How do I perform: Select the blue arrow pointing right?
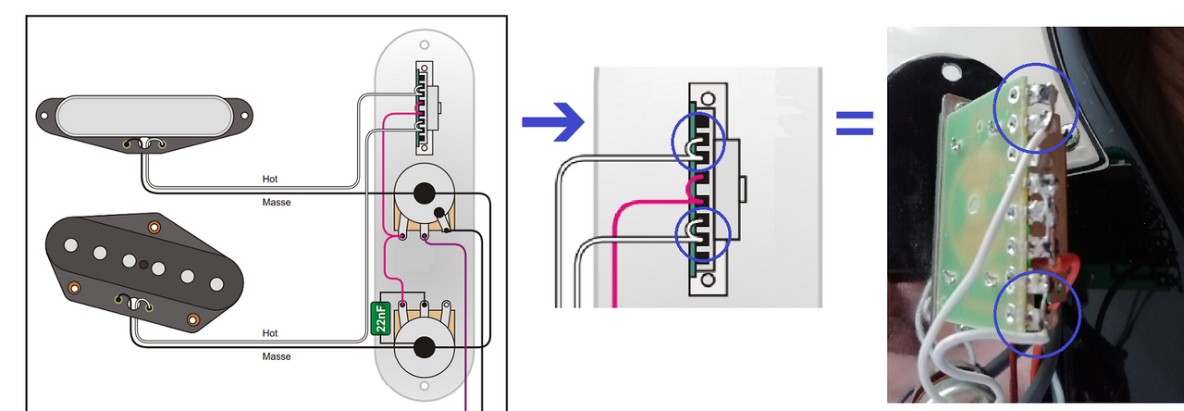point(553,122)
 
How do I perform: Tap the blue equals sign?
point(855,123)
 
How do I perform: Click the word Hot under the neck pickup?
point(270,180)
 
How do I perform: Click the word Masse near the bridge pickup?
point(276,356)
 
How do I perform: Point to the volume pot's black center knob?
point(424,193)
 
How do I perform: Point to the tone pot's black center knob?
point(424,346)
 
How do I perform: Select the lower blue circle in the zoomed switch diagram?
point(703,233)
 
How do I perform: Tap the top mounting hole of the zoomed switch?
point(709,99)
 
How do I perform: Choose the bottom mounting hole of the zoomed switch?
point(708,278)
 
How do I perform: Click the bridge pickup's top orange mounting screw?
point(154,227)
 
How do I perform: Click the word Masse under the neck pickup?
point(276,202)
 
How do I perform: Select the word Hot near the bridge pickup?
point(270,333)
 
